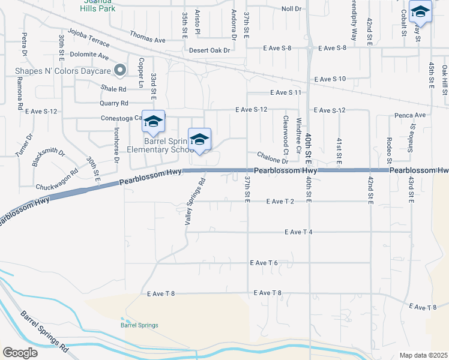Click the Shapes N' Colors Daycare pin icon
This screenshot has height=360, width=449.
(x=120, y=70)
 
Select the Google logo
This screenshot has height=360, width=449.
(x=20, y=353)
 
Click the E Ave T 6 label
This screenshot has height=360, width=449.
(x=264, y=263)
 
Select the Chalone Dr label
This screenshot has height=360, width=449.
(x=273, y=157)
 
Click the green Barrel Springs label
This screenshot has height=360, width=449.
(x=139, y=325)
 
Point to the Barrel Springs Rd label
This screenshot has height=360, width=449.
(x=44, y=331)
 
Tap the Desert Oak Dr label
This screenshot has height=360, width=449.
(x=209, y=50)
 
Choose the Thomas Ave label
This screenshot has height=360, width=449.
(x=147, y=40)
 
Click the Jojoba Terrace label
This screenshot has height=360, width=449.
(x=89, y=37)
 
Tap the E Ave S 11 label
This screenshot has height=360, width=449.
(x=285, y=92)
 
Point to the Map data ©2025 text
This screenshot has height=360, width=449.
(x=423, y=355)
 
